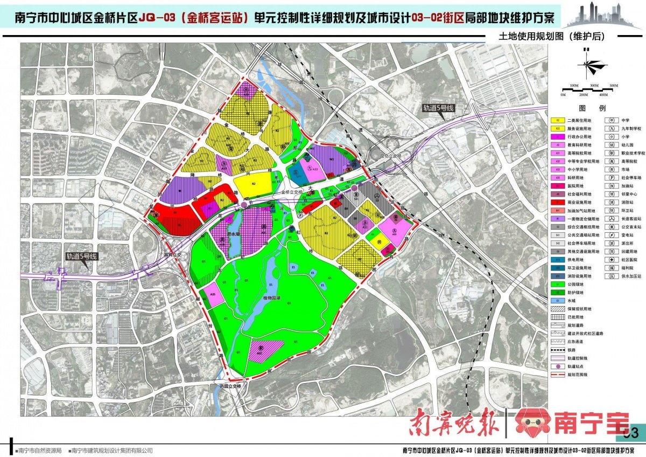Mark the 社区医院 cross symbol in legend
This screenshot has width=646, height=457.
click(612, 259)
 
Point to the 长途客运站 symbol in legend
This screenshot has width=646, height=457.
click(612, 220)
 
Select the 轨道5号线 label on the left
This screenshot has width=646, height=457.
click(80, 257)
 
